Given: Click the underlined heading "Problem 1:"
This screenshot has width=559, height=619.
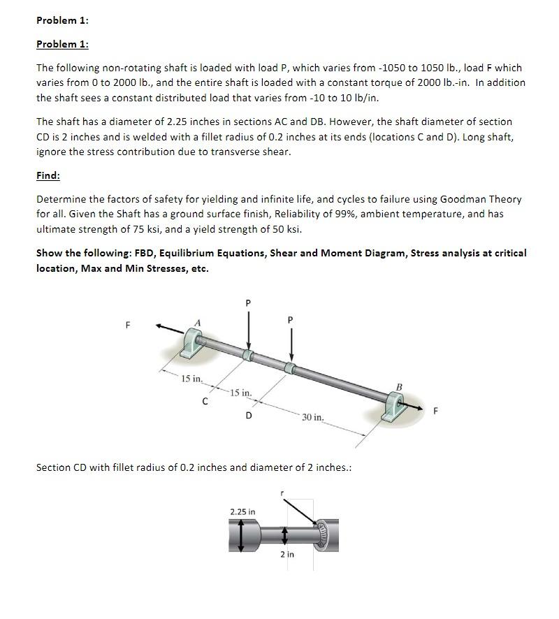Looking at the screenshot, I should [62, 44].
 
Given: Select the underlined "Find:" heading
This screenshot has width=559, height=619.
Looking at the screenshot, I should [48, 175].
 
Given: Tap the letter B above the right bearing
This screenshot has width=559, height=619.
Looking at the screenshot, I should [399, 385].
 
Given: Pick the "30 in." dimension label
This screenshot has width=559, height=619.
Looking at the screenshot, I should [312, 417].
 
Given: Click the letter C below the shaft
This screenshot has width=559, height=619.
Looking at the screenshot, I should [205, 401].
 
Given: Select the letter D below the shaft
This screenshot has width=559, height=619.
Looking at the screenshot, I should [248, 416].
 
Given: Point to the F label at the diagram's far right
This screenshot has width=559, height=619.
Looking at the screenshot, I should [437, 411].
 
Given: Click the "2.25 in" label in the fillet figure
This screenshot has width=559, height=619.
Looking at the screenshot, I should [242, 512].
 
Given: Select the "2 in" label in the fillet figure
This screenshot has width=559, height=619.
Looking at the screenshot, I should [287, 554].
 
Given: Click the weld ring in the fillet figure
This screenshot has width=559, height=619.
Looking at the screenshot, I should [322, 534].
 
